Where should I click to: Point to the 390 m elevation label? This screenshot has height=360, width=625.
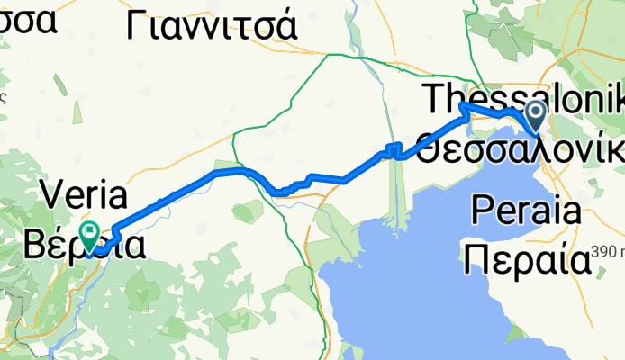[607, 252]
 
